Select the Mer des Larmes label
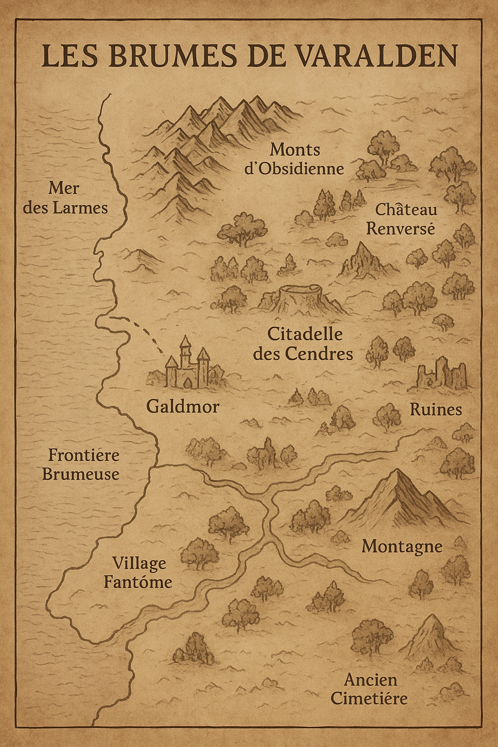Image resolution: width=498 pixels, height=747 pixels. [x=66, y=198]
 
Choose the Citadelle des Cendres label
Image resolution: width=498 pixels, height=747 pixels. [x=303, y=344]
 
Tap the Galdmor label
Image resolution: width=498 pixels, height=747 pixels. [x=183, y=406]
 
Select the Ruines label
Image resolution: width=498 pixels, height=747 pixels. [x=435, y=409]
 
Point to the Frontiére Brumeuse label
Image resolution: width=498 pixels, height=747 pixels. [x=81, y=464]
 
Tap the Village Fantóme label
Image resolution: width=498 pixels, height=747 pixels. [x=138, y=572]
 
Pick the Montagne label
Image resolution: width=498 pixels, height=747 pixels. [x=402, y=546]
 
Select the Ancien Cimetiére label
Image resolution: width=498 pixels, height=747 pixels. [x=369, y=689]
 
